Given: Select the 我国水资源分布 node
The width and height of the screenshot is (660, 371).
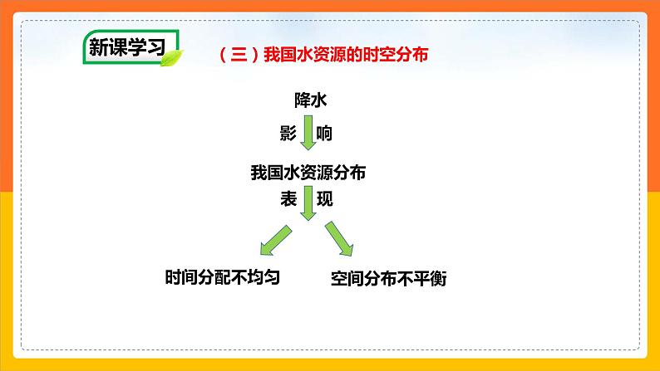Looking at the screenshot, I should [x=308, y=173].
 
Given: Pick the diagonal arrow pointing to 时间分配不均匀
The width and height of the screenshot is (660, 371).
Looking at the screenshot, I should [x=275, y=239].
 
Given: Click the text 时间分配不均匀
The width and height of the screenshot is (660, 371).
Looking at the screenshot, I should [x=223, y=278].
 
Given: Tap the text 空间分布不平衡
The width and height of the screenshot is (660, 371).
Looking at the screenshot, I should [x=388, y=279].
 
